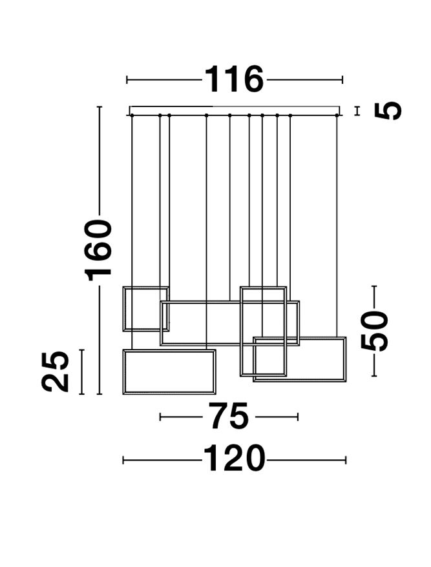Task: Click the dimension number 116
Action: [234, 80]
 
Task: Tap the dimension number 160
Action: [99, 250]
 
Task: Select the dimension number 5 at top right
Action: [388, 111]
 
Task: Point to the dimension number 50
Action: [375, 331]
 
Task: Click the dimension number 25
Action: [56, 372]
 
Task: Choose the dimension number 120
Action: [234, 460]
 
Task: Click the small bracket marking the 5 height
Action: [357, 111]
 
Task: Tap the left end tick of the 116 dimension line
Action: [127, 80]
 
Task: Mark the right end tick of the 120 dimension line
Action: [346, 460]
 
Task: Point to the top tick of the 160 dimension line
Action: [99, 107]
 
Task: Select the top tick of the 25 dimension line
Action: [81, 350]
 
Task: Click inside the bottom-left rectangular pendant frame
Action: [169, 372]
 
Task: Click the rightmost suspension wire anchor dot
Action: [337, 115]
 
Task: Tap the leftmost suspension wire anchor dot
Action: [132, 115]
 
